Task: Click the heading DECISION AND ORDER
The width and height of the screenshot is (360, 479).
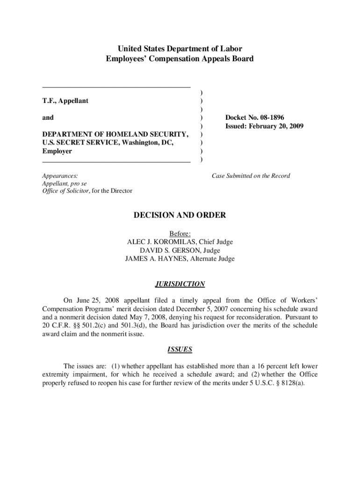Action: coord(180,215)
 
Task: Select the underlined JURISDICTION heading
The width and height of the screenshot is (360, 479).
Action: coord(180,284)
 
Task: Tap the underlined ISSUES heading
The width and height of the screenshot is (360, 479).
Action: coord(180,349)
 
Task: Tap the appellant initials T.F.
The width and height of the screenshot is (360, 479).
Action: coord(48,101)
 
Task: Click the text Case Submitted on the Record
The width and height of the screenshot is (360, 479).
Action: coord(251,176)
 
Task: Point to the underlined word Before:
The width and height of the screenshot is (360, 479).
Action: coord(180,233)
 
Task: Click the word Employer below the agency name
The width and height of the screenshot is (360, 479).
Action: coord(57,152)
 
